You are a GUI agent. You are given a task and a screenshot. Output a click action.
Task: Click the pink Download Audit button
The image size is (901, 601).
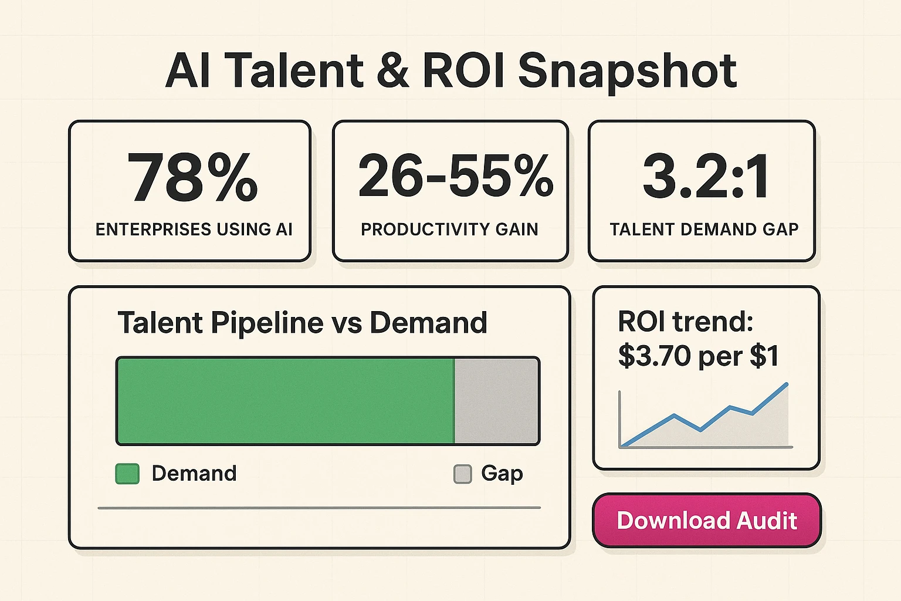pyautogui.click(x=706, y=521)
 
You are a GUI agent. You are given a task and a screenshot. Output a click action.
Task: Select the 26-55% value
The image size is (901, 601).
pyautogui.click(x=455, y=176)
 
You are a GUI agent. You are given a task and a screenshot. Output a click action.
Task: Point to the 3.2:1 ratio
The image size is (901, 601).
pyautogui.click(x=706, y=176)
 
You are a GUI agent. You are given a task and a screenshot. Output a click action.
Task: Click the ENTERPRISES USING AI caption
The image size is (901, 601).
pyautogui.click(x=194, y=229)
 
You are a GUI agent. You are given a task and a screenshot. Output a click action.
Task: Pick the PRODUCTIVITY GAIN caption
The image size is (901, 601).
pyautogui.click(x=449, y=229)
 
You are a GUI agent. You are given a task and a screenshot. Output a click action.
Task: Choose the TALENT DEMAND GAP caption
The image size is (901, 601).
pyautogui.click(x=704, y=229)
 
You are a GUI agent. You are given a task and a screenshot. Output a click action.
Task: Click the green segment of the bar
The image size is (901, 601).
pyautogui.click(x=286, y=401)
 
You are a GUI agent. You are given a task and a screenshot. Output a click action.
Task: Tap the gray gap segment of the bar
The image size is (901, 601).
pyautogui.click(x=496, y=401)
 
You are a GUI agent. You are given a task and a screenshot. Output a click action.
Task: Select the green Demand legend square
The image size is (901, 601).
pyautogui.click(x=127, y=474)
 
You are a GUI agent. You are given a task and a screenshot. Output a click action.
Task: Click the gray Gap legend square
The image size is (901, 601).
pyautogui.click(x=463, y=474)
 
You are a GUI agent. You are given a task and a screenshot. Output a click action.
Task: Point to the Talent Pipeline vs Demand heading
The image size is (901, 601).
pyautogui.click(x=302, y=323)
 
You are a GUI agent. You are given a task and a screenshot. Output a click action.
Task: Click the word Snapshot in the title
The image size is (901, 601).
pyautogui.click(x=627, y=71)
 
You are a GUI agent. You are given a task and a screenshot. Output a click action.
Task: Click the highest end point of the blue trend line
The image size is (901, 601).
pyautogui.click(x=787, y=384)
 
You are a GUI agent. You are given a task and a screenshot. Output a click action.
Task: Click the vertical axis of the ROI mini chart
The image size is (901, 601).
pyautogui.click(x=620, y=419)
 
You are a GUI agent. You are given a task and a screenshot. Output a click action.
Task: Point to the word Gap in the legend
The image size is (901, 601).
pyautogui.click(x=502, y=474)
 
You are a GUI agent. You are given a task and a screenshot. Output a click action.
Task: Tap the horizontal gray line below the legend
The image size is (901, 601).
pyautogui.click(x=319, y=508)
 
